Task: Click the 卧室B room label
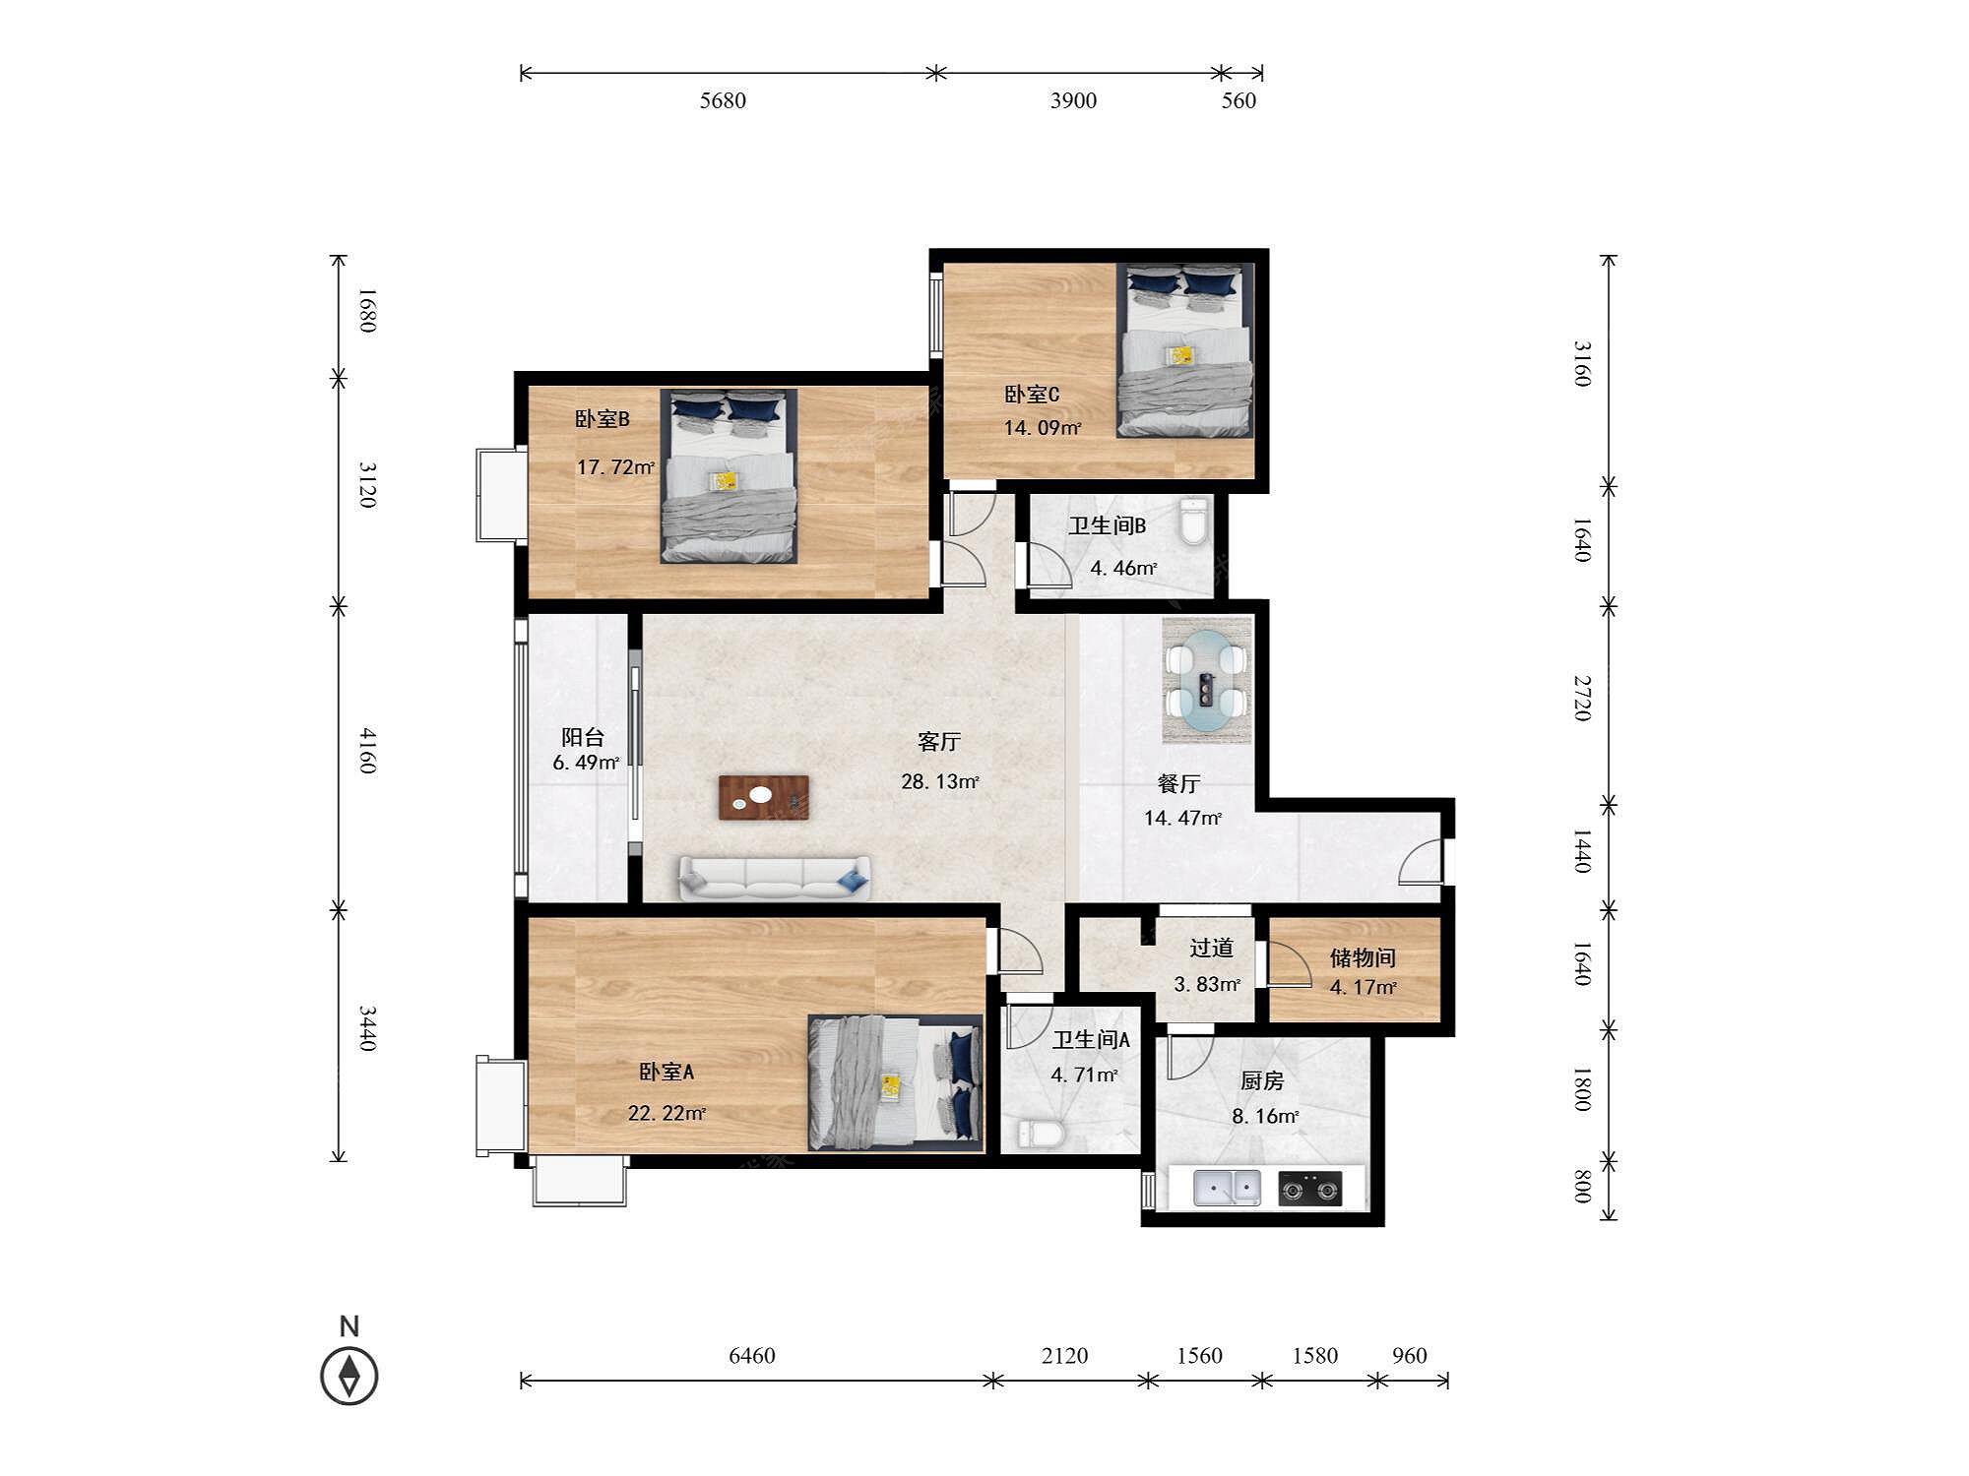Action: pyautogui.click(x=603, y=419)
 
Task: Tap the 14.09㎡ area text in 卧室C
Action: pyautogui.click(x=1043, y=428)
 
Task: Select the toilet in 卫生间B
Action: pyautogui.click(x=1193, y=523)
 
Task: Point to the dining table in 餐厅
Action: pyautogui.click(x=1207, y=681)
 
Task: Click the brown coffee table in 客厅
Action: pyautogui.click(x=764, y=797)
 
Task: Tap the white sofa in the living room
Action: pyautogui.click(x=775, y=878)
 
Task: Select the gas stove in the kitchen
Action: pyautogui.click(x=1310, y=1189)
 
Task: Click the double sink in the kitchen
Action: pyautogui.click(x=1227, y=1188)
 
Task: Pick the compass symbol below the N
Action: pyautogui.click(x=349, y=1375)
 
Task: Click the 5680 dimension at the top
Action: pyautogui.click(x=723, y=100)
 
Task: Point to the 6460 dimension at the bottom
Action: pyautogui.click(x=752, y=1356)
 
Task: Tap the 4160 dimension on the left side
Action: pyautogui.click(x=367, y=751)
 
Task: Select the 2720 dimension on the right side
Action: pyautogui.click(x=1582, y=698)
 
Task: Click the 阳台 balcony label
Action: pyautogui.click(x=583, y=737)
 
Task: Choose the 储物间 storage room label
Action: pyautogui.click(x=1363, y=957)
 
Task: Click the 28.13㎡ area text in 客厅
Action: pyautogui.click(x=940, y=782)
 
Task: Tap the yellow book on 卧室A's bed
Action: pyautogui.click(x=891, y=1086)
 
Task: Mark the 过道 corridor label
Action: pyautogui.click(x=1211, y=948)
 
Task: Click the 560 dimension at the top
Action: pyautogui.click(x=1239, y=100)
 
